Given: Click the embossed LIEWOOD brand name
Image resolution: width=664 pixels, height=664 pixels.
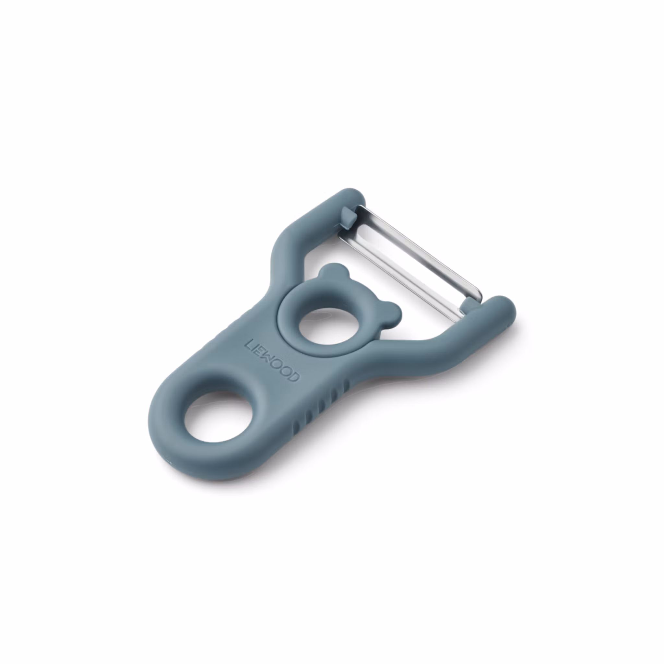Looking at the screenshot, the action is coord(272,364).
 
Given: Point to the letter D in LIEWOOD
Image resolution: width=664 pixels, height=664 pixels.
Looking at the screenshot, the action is coord(295,377).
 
